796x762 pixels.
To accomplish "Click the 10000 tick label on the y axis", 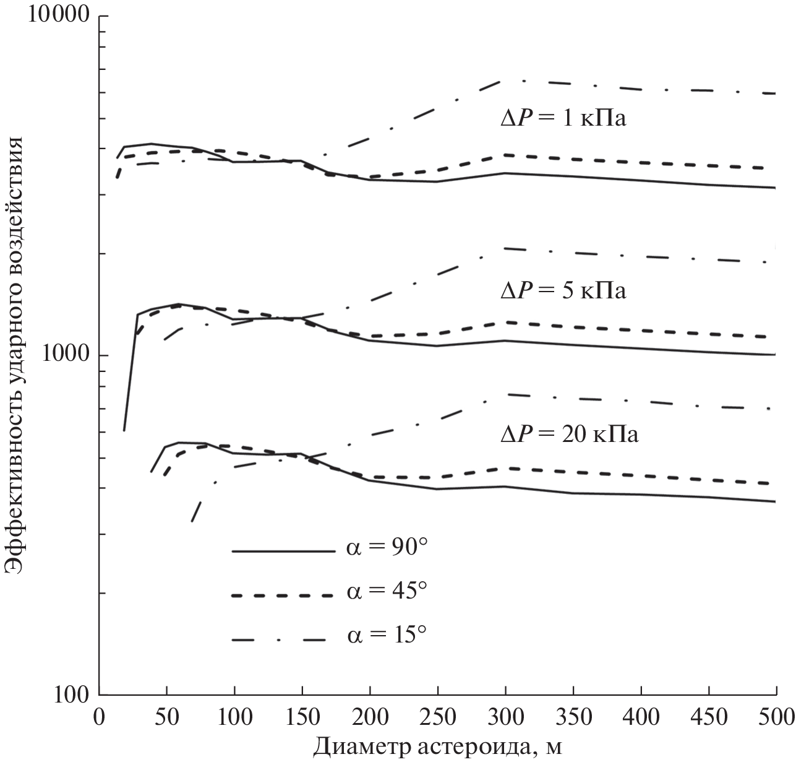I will [59, 15].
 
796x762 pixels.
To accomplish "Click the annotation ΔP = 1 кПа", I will [563, 118].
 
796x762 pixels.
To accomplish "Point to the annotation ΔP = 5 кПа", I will [563, 290].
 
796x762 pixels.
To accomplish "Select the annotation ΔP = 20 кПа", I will [569, 434].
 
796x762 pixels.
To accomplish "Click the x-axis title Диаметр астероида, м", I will [437, 747].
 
